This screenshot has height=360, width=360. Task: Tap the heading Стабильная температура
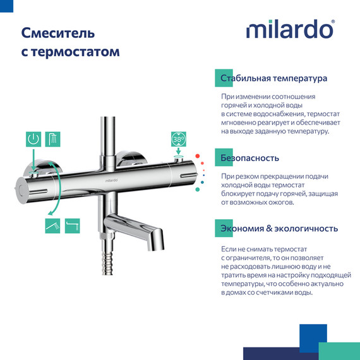click(273, 79)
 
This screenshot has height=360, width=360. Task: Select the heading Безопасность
click(249, 157)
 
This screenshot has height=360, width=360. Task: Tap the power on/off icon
click(33, 140)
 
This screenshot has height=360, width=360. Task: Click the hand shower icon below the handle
click(52, 224)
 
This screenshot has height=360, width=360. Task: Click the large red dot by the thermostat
click(198, 156)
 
